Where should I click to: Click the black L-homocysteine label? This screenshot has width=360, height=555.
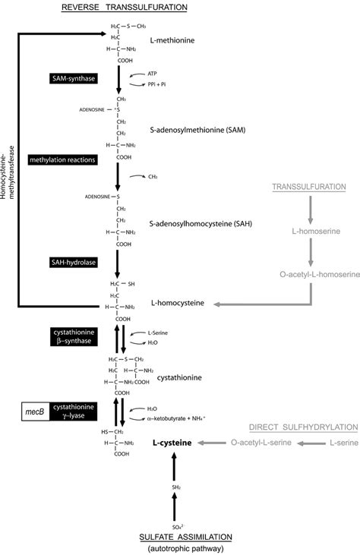178,303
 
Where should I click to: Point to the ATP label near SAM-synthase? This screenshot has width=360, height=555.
152,74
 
